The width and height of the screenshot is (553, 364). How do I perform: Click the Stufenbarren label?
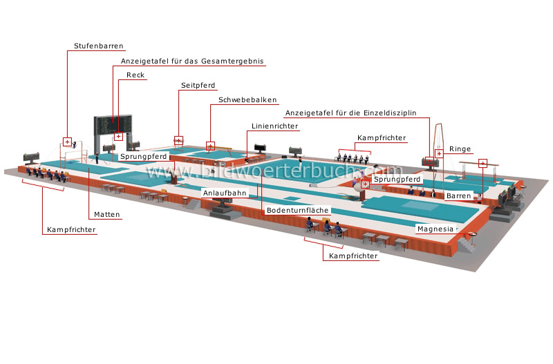click(99, 47)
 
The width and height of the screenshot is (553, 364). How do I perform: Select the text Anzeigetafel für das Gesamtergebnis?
click(188, 61)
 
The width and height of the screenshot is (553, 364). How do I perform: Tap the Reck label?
click(135, 75)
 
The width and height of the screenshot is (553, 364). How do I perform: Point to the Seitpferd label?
click(198, 85)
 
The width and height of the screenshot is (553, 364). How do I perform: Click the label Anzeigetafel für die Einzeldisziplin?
click(355, 113)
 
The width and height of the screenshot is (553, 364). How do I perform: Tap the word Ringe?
click(460, 149)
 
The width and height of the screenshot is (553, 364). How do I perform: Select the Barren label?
click(458, 196)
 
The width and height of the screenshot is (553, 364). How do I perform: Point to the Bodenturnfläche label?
click(298, 209)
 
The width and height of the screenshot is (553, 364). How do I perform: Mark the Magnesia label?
click(435, 228)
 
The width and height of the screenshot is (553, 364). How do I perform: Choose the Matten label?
click(108, 214)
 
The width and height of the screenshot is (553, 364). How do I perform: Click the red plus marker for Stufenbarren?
click(68, 142)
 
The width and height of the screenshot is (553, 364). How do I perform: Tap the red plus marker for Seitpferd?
click(179, 140)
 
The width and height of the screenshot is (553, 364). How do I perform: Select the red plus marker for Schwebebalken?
click(211, 146)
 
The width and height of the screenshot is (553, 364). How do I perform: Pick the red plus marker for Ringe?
click(438, 153)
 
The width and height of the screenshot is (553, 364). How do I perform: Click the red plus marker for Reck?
click(118, 136)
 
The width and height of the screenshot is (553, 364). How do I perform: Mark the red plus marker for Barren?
click(482, 164)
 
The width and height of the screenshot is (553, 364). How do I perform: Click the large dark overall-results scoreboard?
click(111, 126)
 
